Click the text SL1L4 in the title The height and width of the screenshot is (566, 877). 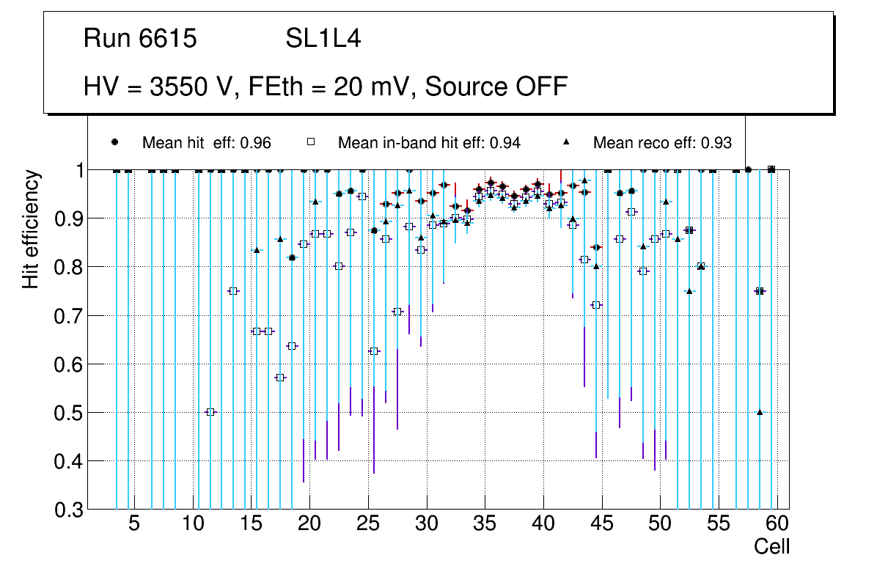323,39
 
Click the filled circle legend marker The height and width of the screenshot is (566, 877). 114,142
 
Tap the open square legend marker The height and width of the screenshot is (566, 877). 310,142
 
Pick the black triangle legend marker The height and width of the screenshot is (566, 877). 566,142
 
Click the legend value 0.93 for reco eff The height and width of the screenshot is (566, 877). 716,143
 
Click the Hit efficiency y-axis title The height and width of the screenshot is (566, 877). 31,229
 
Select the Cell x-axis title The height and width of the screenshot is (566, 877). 771,546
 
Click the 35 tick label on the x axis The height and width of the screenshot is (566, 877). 485,525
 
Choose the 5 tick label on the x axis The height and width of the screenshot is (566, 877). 134,525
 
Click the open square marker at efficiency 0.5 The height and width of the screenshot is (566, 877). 210,412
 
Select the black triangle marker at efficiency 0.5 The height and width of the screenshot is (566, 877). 760,412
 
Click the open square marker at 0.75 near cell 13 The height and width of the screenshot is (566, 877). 233,291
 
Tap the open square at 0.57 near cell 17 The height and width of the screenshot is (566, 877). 280,378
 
